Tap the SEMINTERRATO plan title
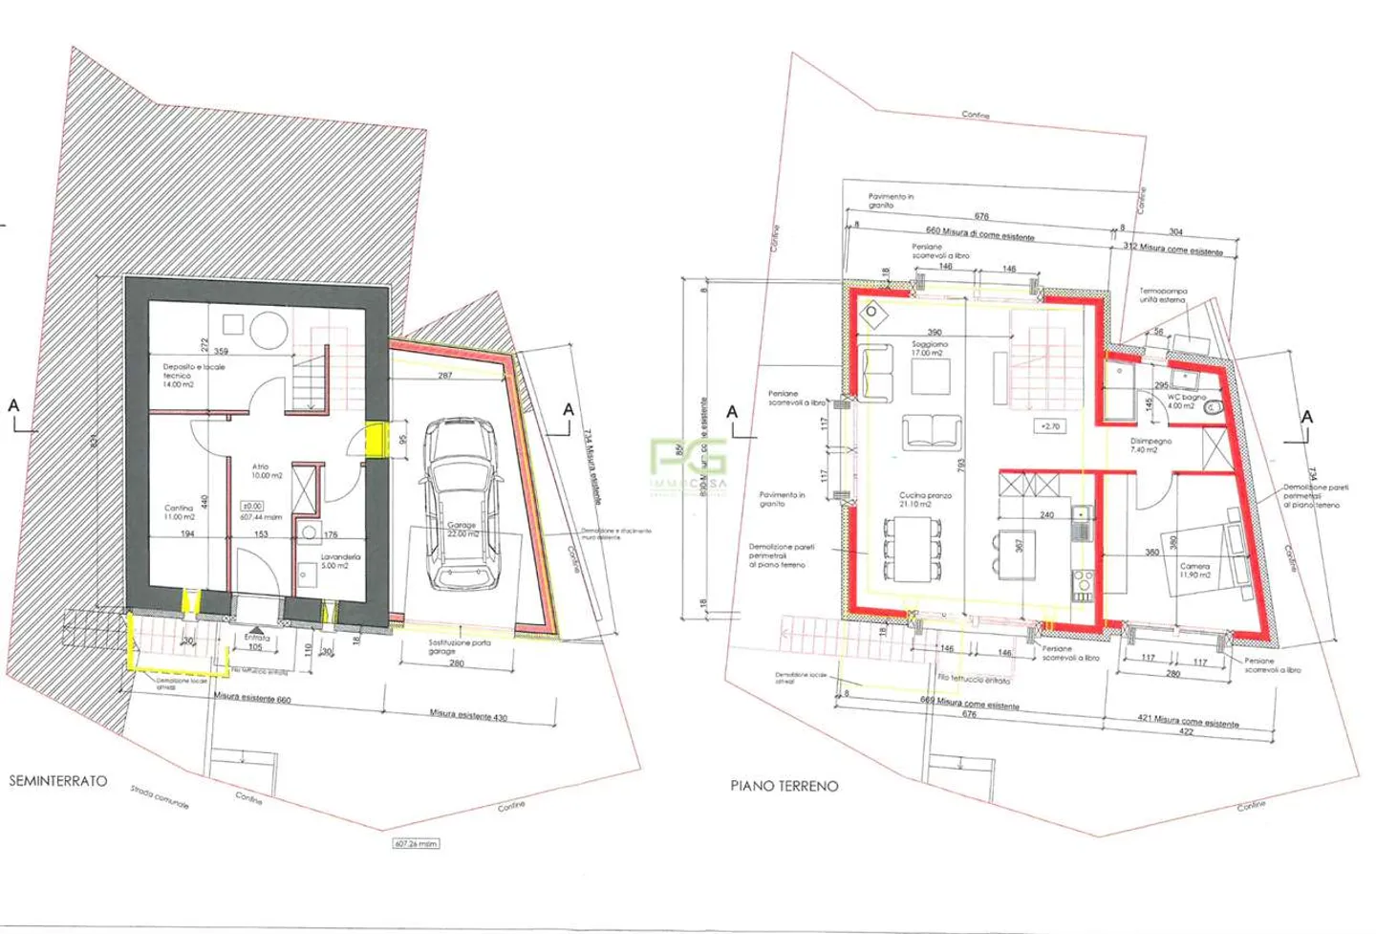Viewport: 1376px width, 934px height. (58, 781)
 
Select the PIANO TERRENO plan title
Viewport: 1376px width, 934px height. (784, 786)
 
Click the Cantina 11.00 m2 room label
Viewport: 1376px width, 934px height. (179, 512)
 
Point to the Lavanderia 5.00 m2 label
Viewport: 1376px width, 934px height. (340, 561)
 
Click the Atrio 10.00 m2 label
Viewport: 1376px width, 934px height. (265, 471)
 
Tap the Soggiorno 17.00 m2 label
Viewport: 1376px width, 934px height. (929, 348)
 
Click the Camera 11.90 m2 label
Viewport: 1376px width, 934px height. (1194, 571)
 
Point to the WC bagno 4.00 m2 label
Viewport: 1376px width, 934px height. (1186, 402)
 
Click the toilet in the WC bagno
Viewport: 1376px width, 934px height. (1214, 408)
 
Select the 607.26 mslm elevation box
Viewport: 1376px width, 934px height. (416, 844)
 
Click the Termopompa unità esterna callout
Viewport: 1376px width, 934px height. (1162, 295)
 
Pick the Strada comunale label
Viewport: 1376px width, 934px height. (160, 798)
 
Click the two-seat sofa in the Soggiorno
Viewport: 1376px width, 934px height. (932, 432)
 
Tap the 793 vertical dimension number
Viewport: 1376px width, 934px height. (960, 465)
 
